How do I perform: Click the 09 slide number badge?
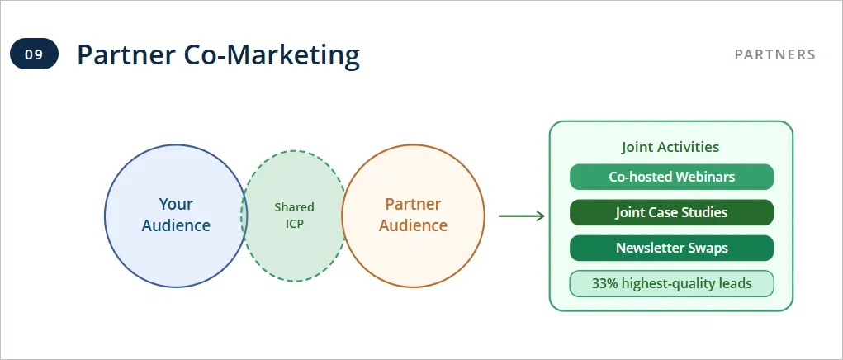click(x=34, y=55)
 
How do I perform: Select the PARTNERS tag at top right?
click(x=774, y=55)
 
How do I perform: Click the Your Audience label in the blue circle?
click(x=176, y=215)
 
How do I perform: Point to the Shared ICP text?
click(x=294, y=216)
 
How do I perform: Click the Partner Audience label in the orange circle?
click(x=413, y=215)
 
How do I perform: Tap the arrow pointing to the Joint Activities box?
click(x=521, y=216)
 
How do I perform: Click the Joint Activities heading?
click(x=670, y=147)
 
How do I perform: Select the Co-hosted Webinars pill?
click(x=671, y=177)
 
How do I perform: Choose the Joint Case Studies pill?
click(x=671, y=212)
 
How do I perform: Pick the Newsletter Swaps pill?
click(x=671, y=248)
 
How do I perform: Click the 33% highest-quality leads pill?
click(x=671, y=283)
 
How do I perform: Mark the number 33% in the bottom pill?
click(x=605, y=283)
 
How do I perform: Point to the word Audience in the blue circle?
click(x=176, y=225)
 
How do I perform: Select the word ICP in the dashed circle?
click(x=294, y=224)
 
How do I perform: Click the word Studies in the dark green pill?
click(x=704, y=212)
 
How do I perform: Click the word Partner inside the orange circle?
click(x=413, y=204)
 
